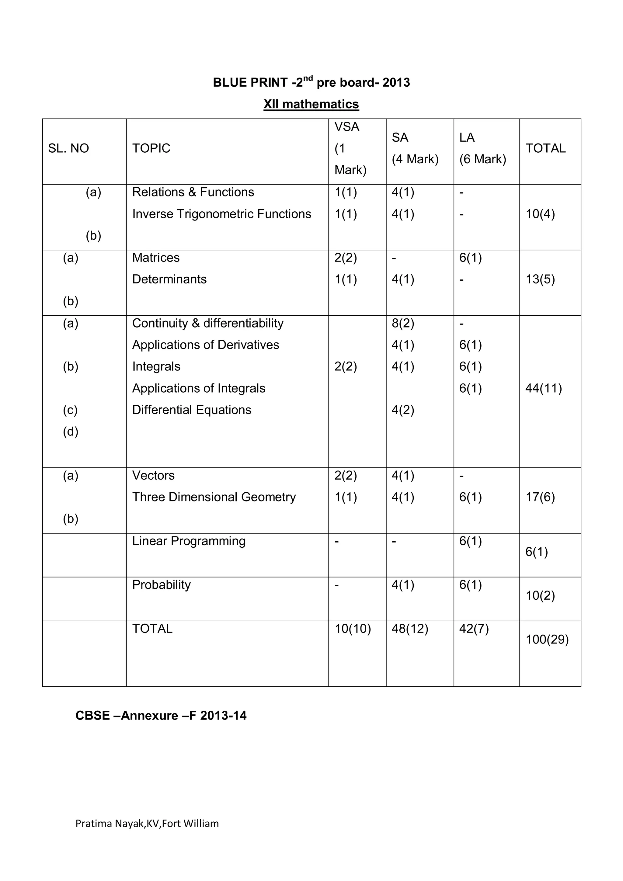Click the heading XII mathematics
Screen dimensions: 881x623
pyautogui.click(x=311, y=104)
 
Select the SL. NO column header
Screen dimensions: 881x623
pyautogui.click(x=68, y=148)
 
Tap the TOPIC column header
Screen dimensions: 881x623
pyautogui.click(x=151, y=148)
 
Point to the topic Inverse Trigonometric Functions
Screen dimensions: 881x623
pyautogui.click(x=221, y=214)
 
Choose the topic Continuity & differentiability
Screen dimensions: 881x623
pyautogui.click(x=208, y=323)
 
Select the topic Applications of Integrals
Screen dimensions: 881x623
pyautogui.click(x=198, y=388)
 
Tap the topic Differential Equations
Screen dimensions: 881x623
pyautogui.click(x=192, y=410)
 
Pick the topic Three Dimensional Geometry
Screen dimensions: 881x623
pyautogui.click(x=214, y=497)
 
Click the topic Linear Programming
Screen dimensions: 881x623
pyautogui.click(x=189, y=541)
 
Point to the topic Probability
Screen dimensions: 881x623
pyautogui.click(x=161, y=584)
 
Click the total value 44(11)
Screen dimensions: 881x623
pyautogui.click(x=543, y=388)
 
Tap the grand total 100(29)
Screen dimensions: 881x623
pyautogui.click(x=547, y=639)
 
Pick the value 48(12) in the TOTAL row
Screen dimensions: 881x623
pyautogui.click(x=409, y=629)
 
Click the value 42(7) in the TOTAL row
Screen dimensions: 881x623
pyautogui.click(x=474, y=629)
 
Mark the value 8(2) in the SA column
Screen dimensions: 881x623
pyautogui.click(x=403, y=323)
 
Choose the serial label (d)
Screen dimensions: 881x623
pyautogui.click(x=71, y=432)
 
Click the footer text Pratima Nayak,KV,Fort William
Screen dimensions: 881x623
pyautogui.click(x=147, y=824)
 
